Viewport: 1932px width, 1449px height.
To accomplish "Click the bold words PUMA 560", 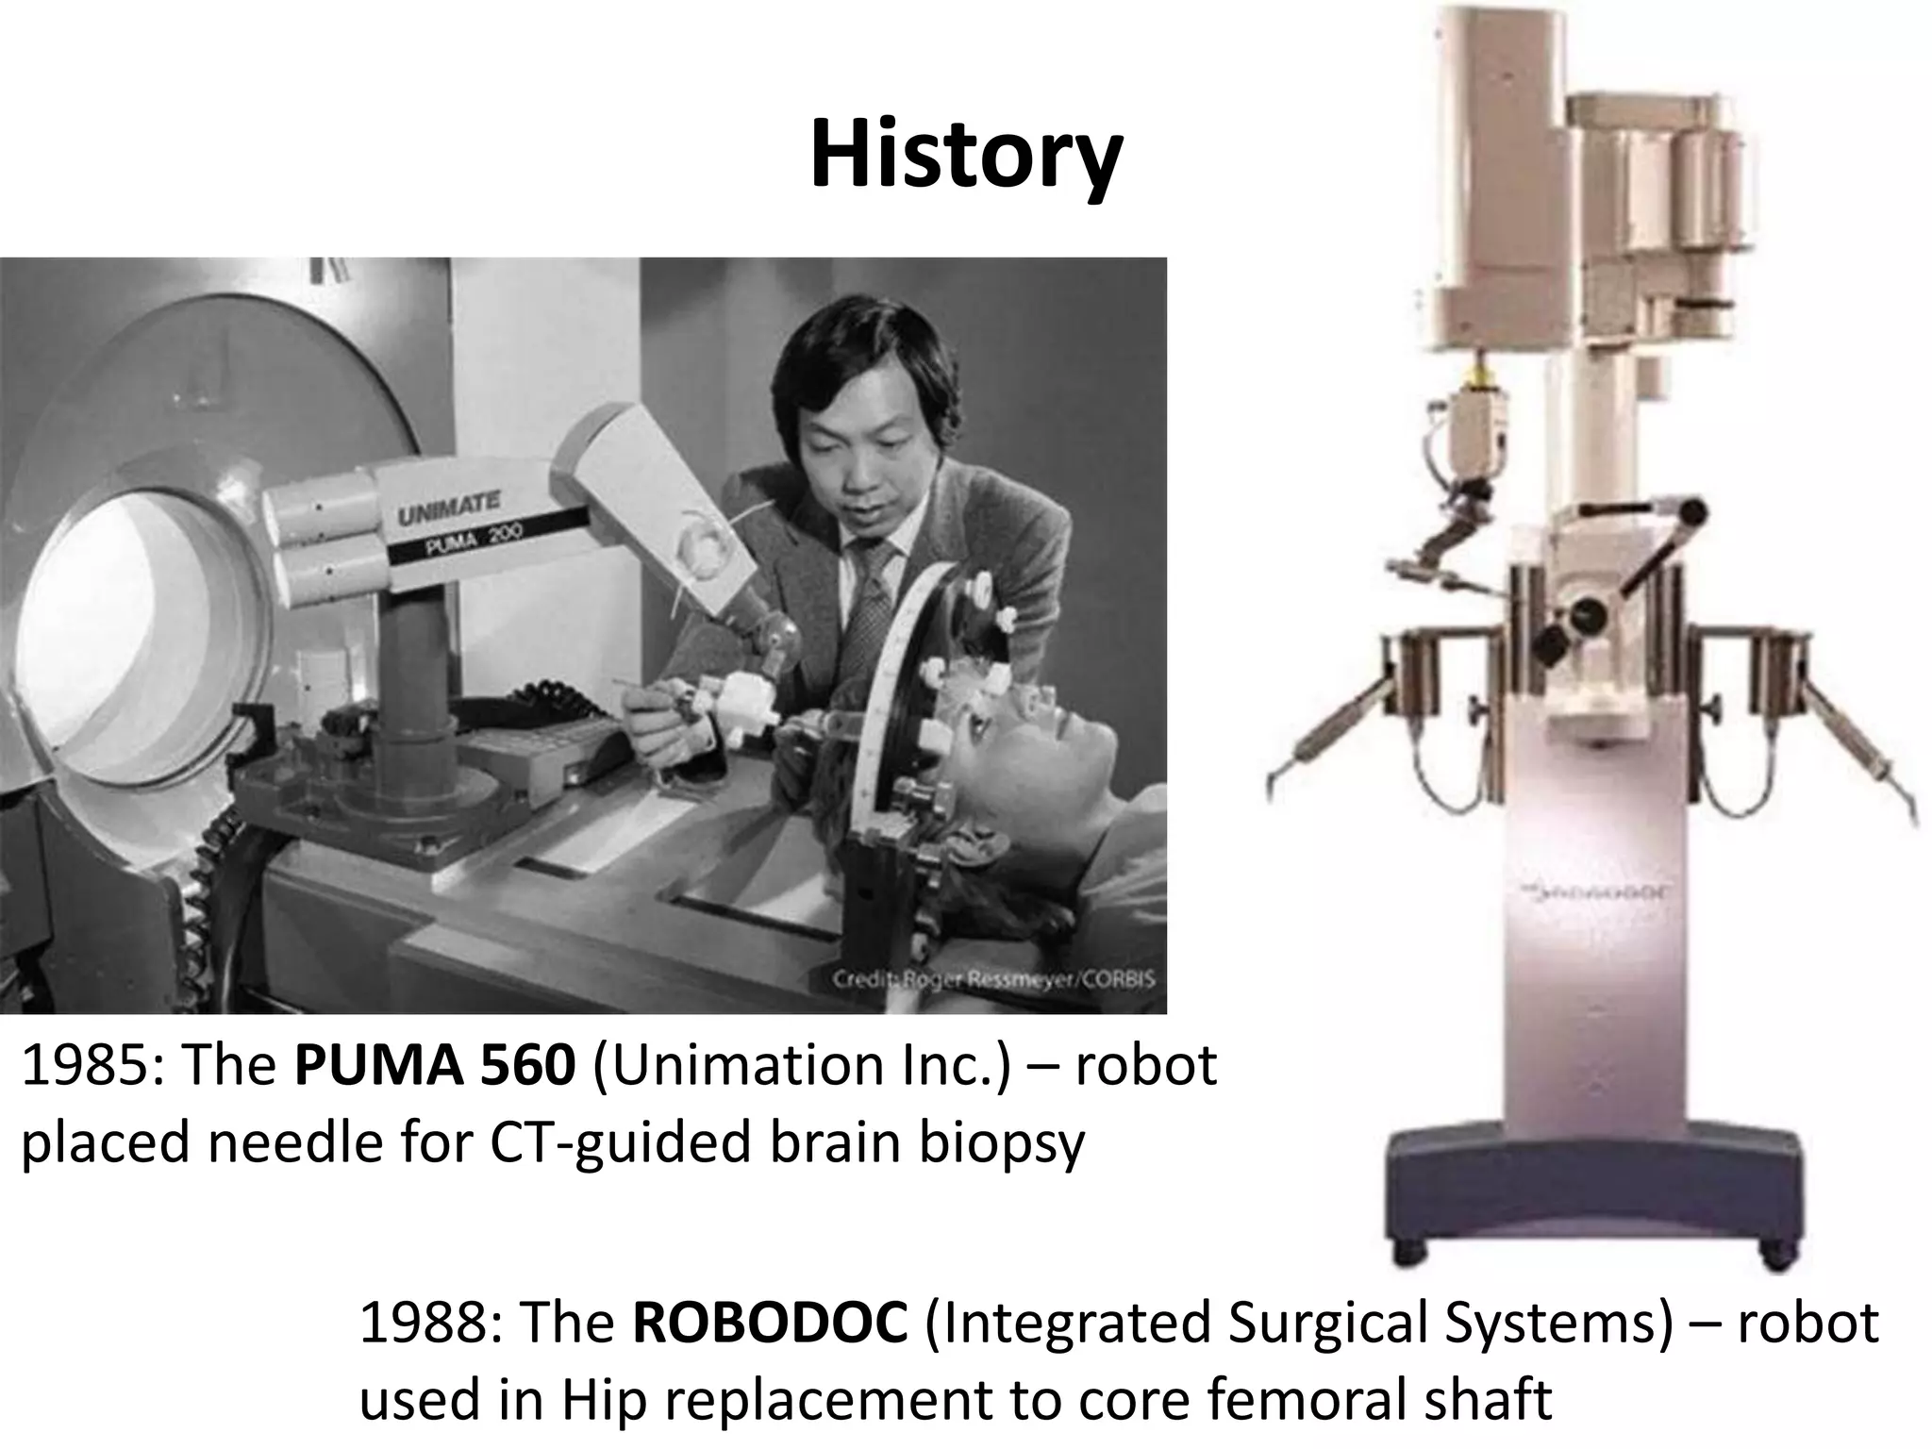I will (x=435, y=1066).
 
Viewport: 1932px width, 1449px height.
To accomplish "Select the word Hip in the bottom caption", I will (x=603, y=1400).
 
